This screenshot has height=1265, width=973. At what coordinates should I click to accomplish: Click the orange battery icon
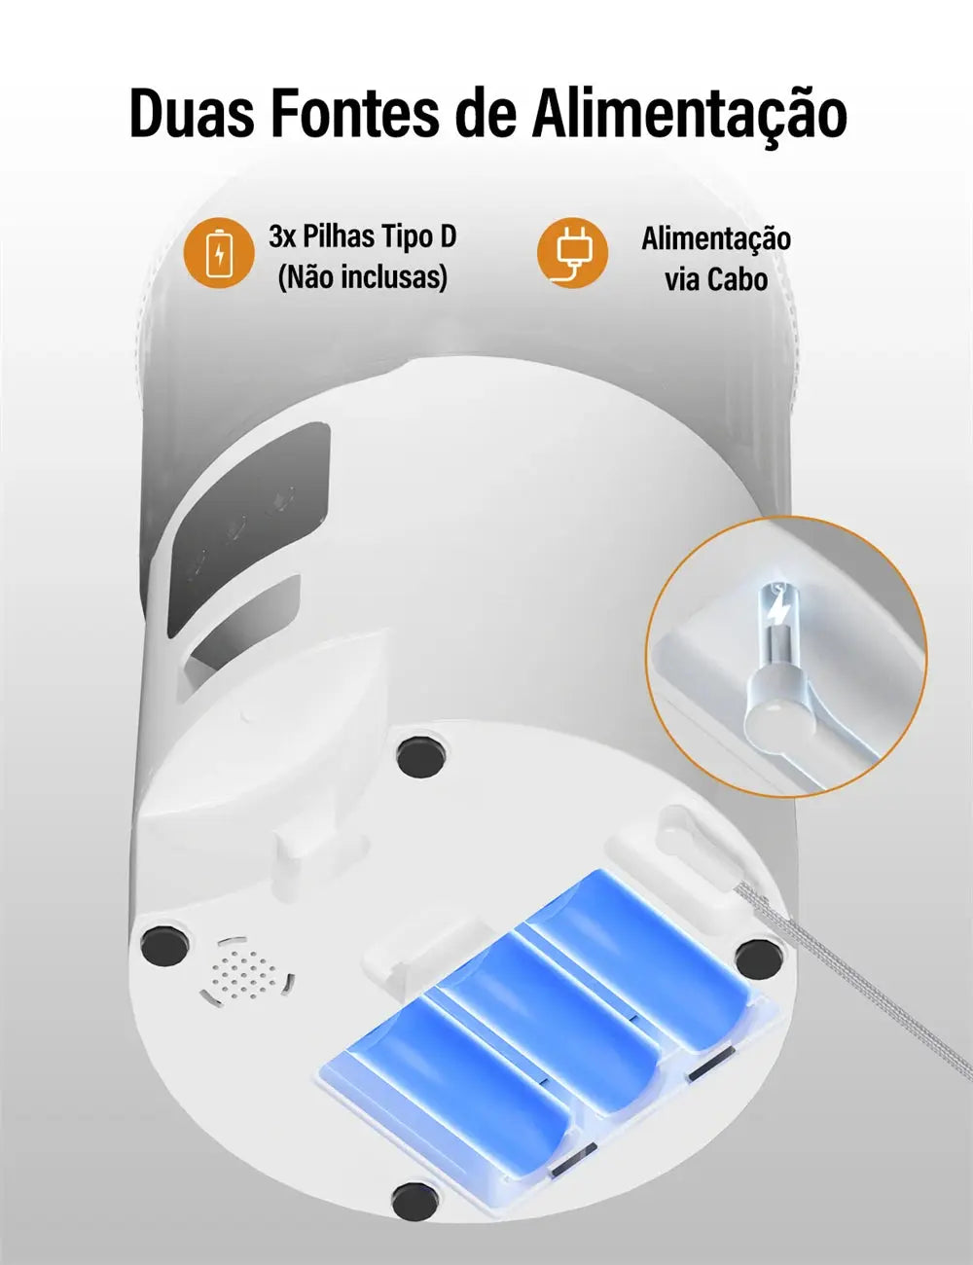(218, 253)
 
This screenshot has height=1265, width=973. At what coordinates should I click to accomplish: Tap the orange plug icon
(572, 253)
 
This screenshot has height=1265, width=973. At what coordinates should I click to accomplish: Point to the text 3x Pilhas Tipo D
(362, 236)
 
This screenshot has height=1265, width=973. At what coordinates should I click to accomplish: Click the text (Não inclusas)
(362, 278)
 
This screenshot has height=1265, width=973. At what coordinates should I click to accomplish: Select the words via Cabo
(716, 280)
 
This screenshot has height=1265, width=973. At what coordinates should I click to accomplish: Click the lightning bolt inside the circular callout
(778, 611)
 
